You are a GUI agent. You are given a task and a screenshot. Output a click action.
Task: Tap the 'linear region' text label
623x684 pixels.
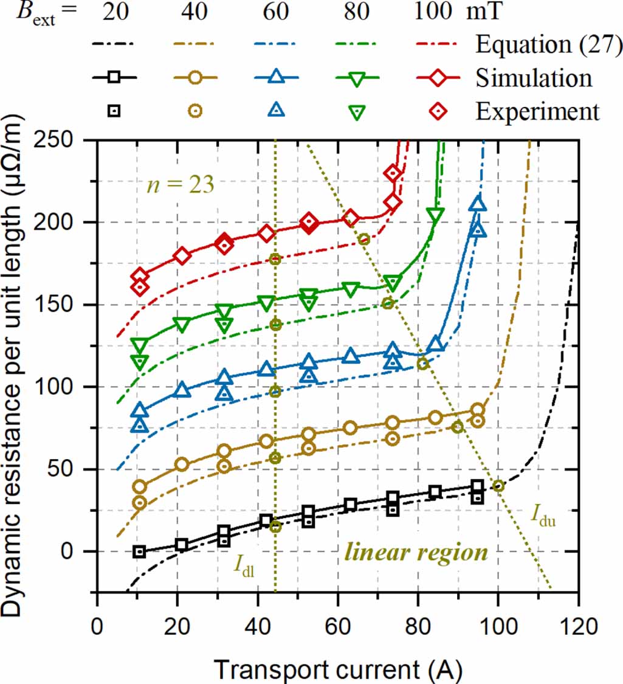(416, 552)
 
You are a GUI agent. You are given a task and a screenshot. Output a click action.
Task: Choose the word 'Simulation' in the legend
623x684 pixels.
(534, 78)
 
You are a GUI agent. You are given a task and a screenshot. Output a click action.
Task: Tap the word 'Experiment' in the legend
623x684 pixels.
(537, 111)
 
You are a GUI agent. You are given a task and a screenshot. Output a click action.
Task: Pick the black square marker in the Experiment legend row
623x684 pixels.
(113, 111)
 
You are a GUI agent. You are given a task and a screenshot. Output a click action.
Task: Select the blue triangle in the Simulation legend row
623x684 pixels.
(276, 77)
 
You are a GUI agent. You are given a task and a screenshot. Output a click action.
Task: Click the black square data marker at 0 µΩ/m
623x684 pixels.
(139, 551)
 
